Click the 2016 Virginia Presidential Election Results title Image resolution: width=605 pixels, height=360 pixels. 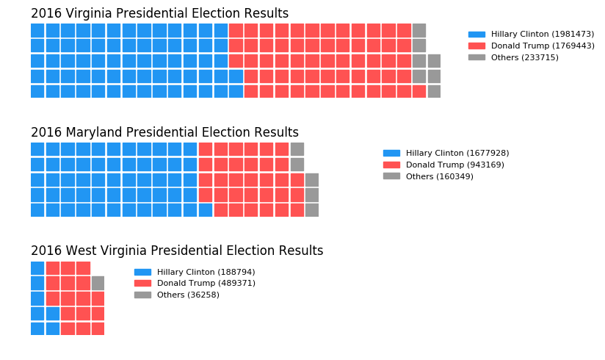159,13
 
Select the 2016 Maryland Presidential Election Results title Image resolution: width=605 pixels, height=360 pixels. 164,132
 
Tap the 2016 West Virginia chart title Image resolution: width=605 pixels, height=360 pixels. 177,251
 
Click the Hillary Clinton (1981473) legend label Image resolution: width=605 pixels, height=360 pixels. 542,34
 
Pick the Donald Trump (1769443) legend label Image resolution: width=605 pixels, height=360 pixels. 542,46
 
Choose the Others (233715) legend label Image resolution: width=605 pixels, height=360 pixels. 524,57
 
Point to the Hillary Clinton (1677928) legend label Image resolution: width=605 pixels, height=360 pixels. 457,153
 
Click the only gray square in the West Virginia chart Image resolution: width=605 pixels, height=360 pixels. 98,283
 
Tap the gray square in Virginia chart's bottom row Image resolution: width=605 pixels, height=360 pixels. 434,91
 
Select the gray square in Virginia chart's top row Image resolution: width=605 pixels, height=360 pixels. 419,30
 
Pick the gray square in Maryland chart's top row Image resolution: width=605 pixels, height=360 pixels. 297,149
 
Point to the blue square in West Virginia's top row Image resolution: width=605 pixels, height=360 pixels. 37,268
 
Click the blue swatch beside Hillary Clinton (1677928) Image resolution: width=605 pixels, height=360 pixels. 391,153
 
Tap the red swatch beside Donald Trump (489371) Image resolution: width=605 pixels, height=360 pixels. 142,283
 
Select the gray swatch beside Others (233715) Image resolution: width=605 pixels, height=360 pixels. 477,57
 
